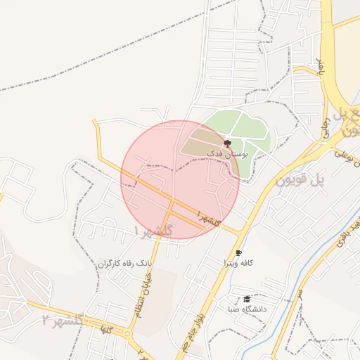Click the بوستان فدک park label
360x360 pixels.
tap(225, 153)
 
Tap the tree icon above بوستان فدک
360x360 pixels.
tap(226, 143)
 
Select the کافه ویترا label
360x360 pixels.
tap(238, 263)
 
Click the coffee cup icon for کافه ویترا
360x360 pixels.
tap(238, 252)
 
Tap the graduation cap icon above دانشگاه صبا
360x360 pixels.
tap(246, 300)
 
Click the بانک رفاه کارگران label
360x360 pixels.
tap(124, 264)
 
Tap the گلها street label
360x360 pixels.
tap(107, 329)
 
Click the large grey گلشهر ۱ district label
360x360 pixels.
tap(153, 231)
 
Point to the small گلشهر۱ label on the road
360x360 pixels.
tap(210, 217)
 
